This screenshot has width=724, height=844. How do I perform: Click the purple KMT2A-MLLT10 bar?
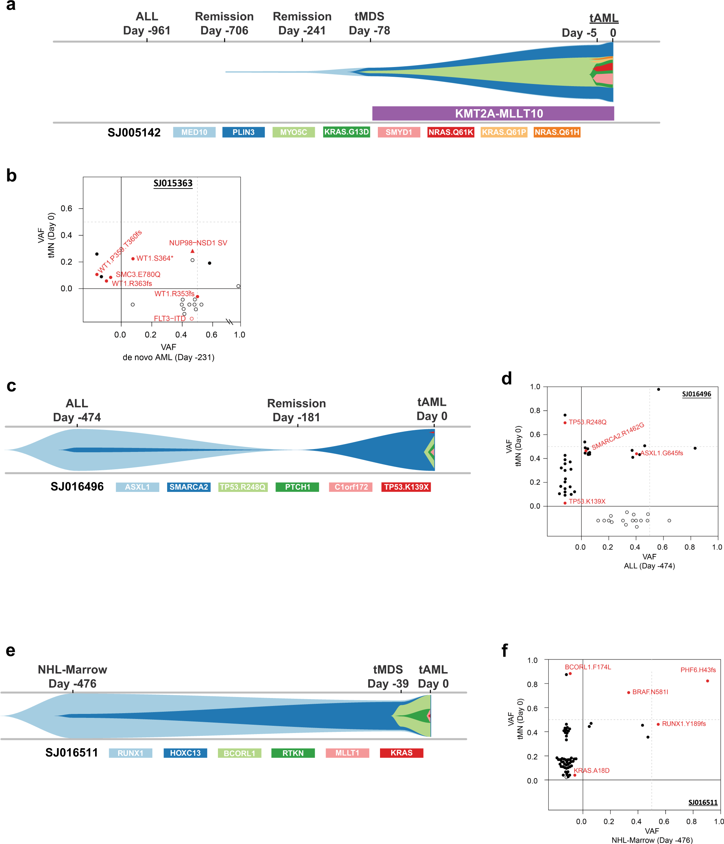tap(493, 113)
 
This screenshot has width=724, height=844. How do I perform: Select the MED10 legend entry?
tap(194, 132)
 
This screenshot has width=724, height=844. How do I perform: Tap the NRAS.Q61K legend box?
tap(450, 132)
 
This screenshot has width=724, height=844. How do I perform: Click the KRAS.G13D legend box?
tap(346, 132)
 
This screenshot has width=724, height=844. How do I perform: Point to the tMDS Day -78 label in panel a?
tap(369, 24)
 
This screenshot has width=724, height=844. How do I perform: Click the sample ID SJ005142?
tap(134, 132)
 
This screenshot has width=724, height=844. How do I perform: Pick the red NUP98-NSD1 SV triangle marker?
tap(193, 251)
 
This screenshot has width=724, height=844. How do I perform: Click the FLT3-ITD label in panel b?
tap(169, 319)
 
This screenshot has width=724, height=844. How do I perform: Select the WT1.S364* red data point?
tap(133, 259)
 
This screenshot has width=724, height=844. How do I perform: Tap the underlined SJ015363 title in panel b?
tap(173, 183)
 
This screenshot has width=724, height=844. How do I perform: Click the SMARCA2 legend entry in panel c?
tap(188, 487)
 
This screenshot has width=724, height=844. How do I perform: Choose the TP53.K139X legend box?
tap(406, 487)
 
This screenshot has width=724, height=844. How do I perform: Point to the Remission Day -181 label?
tap(296, 410)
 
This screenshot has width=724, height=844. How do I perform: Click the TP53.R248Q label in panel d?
tap(587, 422)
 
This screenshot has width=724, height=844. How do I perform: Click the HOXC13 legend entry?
tap(185, 753)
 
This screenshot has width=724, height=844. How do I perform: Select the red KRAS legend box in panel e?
tap(401, 753)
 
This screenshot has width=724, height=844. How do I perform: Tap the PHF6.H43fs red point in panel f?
tap(707, 681)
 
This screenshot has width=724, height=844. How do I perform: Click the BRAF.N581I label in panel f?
tap(650, 692)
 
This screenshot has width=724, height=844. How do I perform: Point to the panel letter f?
tap(505, 650)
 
